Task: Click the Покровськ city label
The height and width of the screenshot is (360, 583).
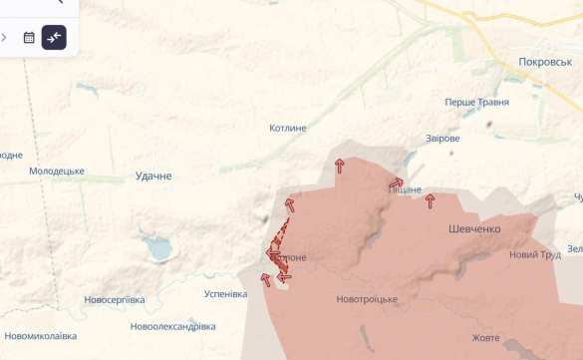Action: [545, 62]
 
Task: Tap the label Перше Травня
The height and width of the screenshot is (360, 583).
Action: [476, 102]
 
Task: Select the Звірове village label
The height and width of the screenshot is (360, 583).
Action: [441, 138]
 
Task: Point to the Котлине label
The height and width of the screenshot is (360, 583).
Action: [288, 128]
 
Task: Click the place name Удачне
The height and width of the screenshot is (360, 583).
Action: [153, 176]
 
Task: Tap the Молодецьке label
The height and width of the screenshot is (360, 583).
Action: [57, 172]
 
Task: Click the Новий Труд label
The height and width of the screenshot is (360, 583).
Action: [535, 254]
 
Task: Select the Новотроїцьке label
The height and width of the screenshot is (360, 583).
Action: [367, 299]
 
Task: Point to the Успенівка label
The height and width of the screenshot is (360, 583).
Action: [225, 294]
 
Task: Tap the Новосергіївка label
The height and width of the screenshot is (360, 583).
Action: [115, 299]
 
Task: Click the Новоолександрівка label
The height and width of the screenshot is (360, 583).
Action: [172, 326]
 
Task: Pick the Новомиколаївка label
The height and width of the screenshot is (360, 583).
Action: [40, 336]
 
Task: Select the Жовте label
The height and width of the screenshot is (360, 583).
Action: [486, 337]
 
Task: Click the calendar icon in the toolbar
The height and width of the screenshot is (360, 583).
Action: [29, 38]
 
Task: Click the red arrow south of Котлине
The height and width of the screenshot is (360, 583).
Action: [340, 166]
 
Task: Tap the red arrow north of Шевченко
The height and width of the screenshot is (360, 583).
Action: [431, 201]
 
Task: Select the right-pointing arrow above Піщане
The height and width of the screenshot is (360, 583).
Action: [396, 183]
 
